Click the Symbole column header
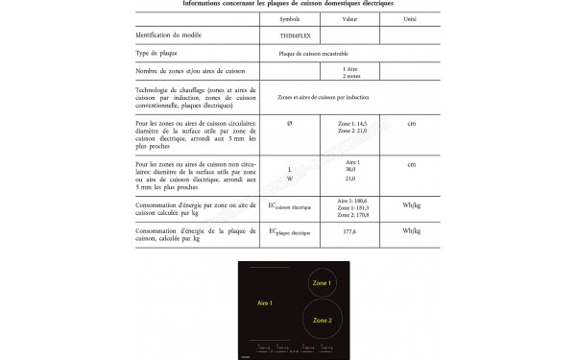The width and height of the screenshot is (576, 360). pos(290,18)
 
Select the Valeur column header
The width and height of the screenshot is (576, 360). pos(349,18)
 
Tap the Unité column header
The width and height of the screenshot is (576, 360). pos(411,18)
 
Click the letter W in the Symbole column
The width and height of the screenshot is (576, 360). pos(290,179)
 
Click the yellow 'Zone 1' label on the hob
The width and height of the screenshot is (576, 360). pos(323,283)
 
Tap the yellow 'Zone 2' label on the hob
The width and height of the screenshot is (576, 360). pos(323,320)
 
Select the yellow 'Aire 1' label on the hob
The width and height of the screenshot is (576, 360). pos(264,303)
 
